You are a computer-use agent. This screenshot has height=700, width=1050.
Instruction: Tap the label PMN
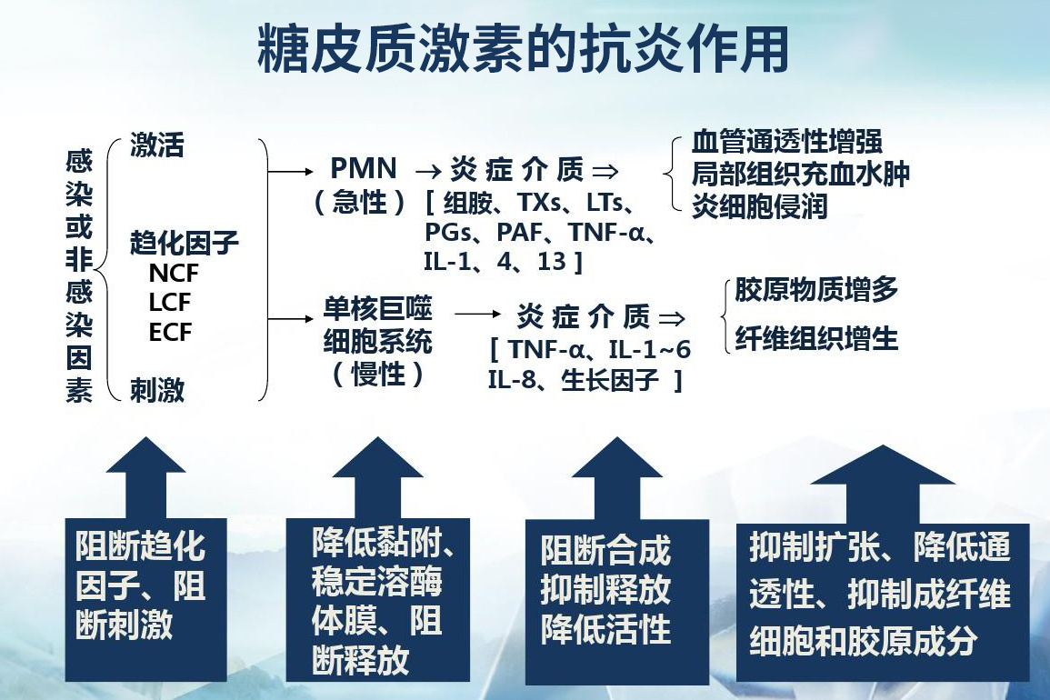pos(364,169)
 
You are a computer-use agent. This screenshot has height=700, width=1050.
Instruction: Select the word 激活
pos(157,145)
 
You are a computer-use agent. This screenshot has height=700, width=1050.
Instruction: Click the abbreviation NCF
pos(173,273)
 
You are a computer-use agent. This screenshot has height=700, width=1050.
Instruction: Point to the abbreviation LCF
pos(170,303)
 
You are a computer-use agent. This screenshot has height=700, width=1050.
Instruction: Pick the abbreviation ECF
pos(170,333)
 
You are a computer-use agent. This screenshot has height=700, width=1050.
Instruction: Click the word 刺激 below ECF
pos(157,391)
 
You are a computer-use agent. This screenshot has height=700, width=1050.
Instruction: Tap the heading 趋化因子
pos(185,243)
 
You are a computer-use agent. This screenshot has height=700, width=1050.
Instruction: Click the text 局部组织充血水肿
pos(801,174)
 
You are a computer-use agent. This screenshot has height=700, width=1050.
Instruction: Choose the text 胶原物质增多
pos(816,290)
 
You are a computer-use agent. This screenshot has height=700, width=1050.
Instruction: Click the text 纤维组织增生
pos(816,339)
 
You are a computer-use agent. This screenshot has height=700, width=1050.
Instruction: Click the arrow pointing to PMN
pos(292,170)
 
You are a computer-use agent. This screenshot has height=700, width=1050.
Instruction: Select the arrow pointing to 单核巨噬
pos(292,318)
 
